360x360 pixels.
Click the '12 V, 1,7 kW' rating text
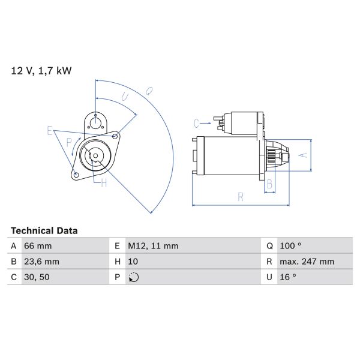[x=41, y=71]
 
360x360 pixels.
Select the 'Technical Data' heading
[x=44, y=230]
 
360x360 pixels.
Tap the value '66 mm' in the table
[x=38, y=246]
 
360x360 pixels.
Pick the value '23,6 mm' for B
[x=41, y=262]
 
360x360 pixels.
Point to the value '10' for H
[x=133, y=262]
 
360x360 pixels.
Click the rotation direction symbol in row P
[x=134, y=277]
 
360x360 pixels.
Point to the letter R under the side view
[x=240, y=196]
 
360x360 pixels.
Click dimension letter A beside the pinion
[x=303, y=155]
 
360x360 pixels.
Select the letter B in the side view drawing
[x=270, y=184]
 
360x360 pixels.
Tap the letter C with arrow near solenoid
[x=196, y=124]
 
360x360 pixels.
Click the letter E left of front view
[x=50, y=131]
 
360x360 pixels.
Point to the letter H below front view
[x=103, y=183]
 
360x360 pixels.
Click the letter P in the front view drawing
[x=69, y=142]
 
